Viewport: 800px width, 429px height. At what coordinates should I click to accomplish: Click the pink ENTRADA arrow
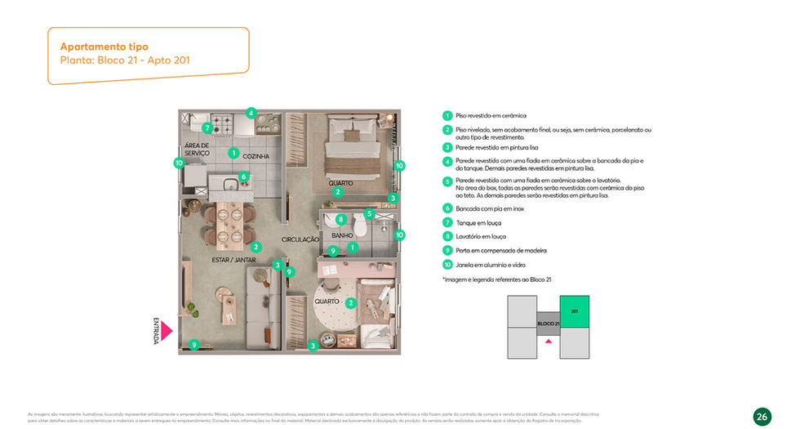point(166,330)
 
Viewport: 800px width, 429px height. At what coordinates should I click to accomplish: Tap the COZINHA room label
point(256,155)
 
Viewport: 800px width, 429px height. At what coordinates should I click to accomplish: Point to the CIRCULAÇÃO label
point(300,239)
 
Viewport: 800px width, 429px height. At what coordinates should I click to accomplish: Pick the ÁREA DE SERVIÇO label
point(197,150)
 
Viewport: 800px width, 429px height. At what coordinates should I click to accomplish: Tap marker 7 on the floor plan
point(207,127)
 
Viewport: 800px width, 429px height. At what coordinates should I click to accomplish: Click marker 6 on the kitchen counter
point(243,177)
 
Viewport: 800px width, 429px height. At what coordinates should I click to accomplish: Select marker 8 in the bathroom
point(340,219)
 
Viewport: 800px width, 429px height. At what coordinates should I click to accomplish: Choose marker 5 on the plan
point(369,214)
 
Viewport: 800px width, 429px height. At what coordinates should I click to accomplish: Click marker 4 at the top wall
point(251,114)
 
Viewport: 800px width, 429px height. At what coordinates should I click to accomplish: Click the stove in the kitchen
point(223,124)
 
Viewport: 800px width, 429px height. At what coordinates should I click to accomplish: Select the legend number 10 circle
point(447,265)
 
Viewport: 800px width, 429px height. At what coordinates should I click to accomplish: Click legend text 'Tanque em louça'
point(478,222)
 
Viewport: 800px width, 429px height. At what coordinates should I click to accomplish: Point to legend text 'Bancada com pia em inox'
point(490,208)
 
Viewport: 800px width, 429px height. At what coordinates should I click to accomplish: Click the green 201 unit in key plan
point(574,311)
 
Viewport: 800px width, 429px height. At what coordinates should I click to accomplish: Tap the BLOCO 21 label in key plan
point(548,324)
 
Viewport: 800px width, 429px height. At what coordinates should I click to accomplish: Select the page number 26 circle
point(762,417)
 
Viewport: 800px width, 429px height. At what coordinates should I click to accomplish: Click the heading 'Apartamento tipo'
point(104,47)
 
